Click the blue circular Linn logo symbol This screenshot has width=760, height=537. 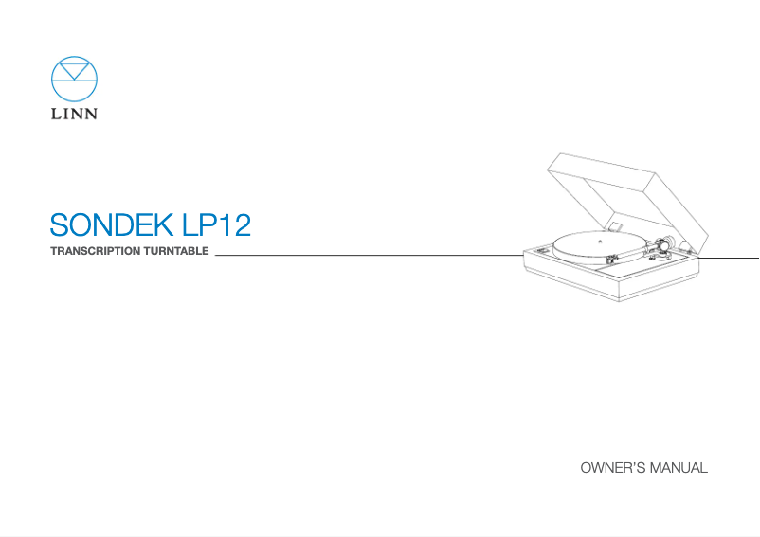tap(74, 81)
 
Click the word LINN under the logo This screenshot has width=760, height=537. tap(74, 116)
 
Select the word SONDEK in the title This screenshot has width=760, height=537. tap(107, 225)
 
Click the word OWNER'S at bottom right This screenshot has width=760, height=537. tap(611, 468)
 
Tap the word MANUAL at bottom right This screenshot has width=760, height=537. tap(678, 468)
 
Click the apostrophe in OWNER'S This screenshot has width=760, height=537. tap(631, 464)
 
